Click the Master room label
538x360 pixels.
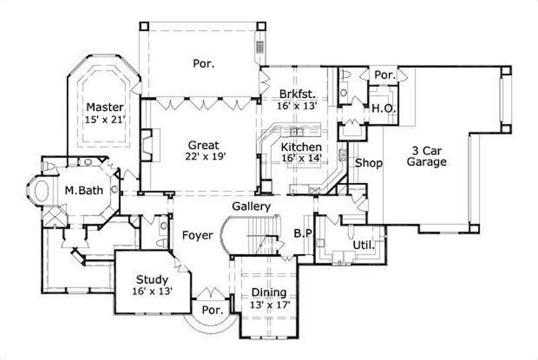(104, 108)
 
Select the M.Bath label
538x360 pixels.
(84, 191)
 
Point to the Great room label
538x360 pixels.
(202, 144)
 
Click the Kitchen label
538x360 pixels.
(301, 147)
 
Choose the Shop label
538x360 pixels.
(368, 163)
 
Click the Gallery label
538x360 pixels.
(252, 207)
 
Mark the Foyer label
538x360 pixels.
(197, 236)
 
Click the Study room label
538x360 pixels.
(152, 280)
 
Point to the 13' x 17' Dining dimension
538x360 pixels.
(268, 304)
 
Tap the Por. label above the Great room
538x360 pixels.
(204, 64)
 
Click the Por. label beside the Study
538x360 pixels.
(213, 310)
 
